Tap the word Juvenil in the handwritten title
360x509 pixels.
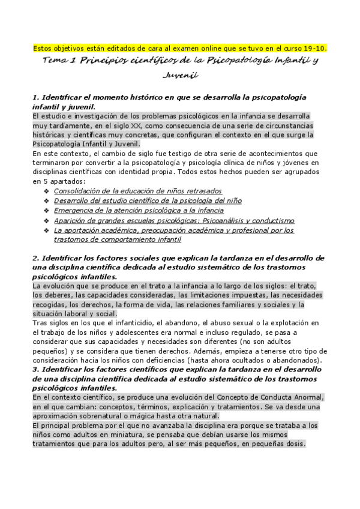coord(180,76)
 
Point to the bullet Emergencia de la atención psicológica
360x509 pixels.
coord(139,211)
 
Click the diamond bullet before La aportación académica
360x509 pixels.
coord(46,230)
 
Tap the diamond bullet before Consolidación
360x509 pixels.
coord(46,191)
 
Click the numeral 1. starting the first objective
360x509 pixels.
coord(35,97)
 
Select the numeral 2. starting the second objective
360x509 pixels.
coord(35,259)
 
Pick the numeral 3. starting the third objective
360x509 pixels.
coord(35,370)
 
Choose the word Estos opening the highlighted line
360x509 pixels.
coord(42,47)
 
